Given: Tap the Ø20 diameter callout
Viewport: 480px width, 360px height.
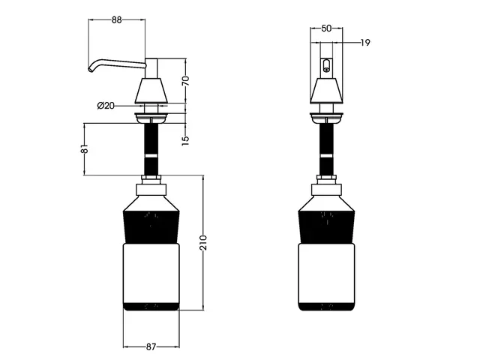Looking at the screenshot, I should coord(106,105).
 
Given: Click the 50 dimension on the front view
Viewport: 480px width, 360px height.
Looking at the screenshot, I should coord(326,28).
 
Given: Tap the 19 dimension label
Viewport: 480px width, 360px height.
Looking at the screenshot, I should coord(364,43).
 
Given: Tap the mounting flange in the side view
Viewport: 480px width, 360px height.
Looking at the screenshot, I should coord(151,116).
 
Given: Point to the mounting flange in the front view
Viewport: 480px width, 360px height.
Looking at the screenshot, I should coord(326,116).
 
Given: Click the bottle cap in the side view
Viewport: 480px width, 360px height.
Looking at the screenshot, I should coord(151,183).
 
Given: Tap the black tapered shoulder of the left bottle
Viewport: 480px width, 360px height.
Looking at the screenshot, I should coord(151,222).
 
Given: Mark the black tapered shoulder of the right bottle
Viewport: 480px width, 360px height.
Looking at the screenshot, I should coord(326,222).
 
